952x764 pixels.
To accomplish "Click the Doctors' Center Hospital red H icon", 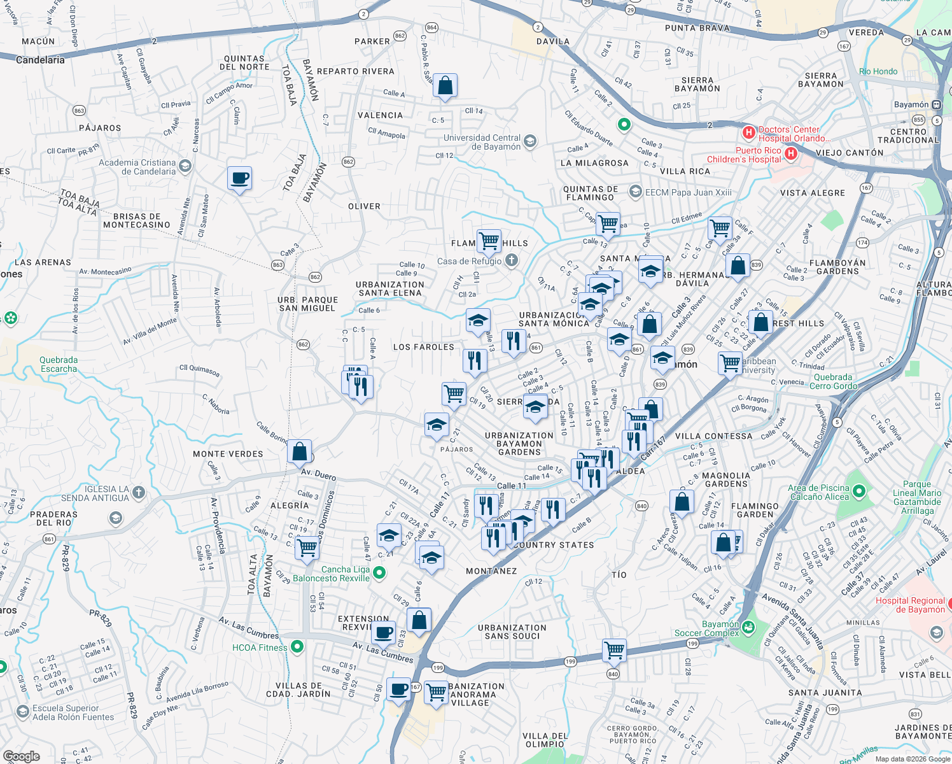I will pos(749,134).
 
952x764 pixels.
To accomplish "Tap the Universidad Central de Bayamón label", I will pos(482,142).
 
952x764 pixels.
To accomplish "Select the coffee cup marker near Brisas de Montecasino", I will pos(240,179).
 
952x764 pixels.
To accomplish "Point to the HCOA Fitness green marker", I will pos(297,647).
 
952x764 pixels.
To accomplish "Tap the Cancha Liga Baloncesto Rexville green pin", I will pos(379,573).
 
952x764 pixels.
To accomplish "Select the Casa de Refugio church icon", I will pos(512,260).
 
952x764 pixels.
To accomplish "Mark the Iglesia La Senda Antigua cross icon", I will pos(139,492).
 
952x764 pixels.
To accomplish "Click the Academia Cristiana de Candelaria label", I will pos(137,167).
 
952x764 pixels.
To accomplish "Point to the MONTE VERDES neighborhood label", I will pos(228,454).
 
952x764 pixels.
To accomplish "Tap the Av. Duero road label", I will pos(318,474).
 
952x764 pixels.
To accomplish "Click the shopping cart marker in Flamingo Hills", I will pos(489,241).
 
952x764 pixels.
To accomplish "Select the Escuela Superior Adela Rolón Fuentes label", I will pos(73,712).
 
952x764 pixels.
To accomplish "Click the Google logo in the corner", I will pos(22,756).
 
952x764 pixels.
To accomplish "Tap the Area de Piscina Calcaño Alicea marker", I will pos(859,491).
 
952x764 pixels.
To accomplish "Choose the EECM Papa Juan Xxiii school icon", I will pos(635,192).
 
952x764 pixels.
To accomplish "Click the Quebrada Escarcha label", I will pos(59,364).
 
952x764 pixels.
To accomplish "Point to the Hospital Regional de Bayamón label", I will pos(910,605).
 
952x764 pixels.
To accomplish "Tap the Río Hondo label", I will pos(878,71).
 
